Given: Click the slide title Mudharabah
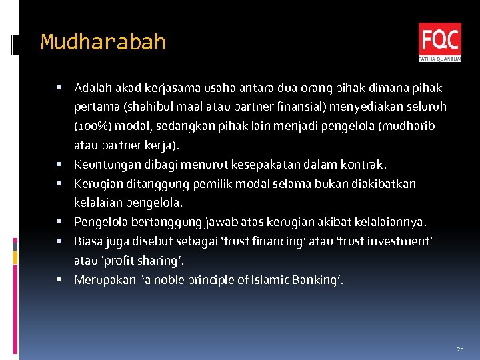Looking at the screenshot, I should point(103,42).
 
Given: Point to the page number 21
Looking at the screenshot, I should point(460,349).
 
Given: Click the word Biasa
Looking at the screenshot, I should point(88,241).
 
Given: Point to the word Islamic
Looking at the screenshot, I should point(272,279).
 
